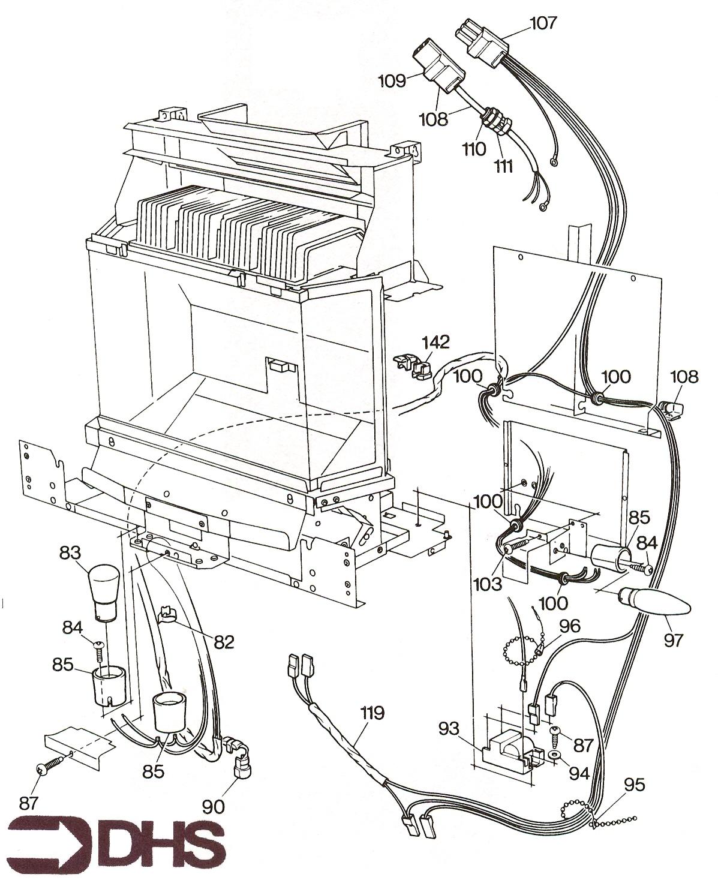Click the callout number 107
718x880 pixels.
pos(543,23)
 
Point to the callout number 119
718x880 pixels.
pos(372,713)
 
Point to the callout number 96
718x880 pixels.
pos(569,626)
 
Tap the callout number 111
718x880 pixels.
pos(503,165)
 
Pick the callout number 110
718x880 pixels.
pos(473,148)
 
